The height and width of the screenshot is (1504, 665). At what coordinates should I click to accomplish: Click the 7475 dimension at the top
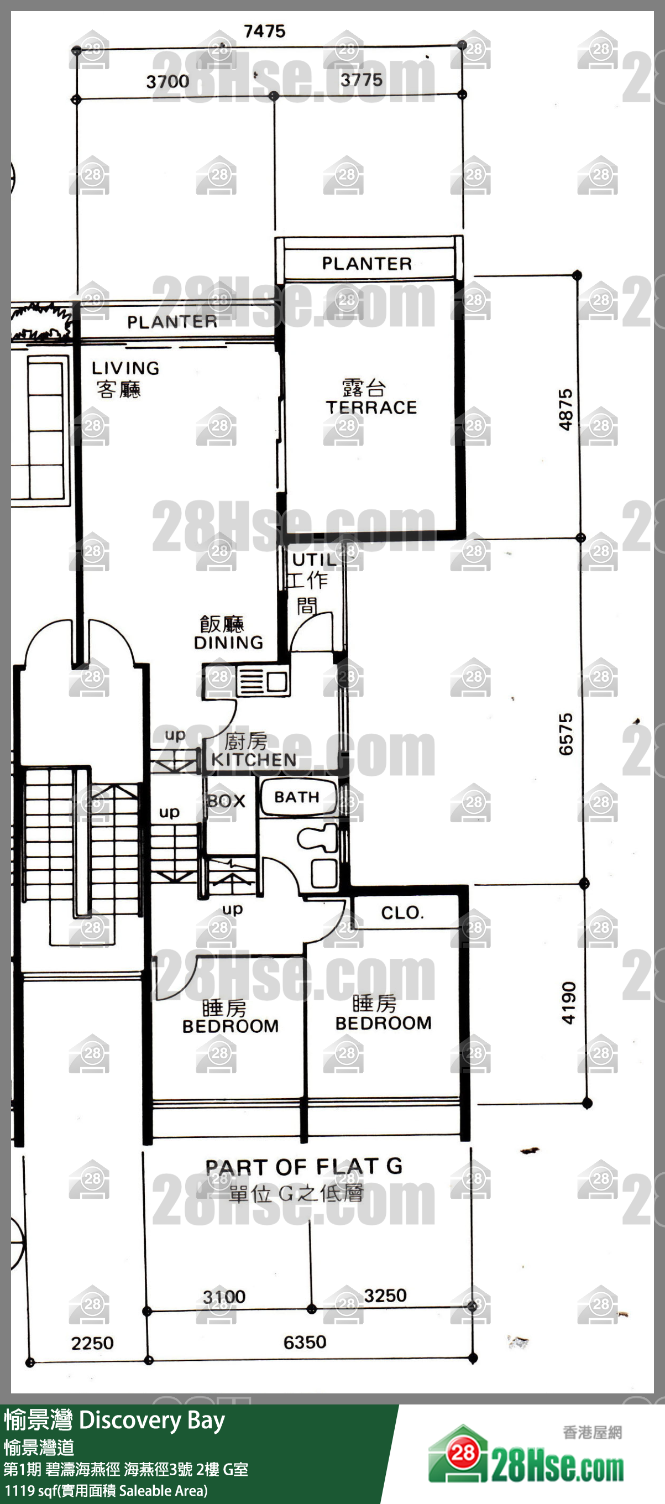(264, 31)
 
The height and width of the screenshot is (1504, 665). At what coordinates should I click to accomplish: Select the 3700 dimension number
(167, 81)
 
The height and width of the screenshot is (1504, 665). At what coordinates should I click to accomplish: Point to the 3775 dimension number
(362, 80)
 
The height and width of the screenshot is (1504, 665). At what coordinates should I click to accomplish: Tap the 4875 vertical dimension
(565, 410)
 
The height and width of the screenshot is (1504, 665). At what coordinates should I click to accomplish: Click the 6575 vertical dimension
(565, 734)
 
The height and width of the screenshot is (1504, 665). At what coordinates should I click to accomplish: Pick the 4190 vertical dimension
(569, 1003)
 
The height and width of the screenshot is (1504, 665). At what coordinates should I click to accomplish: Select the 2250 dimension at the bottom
(92, 1343)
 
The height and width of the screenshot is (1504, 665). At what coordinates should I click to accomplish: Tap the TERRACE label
(371, 407)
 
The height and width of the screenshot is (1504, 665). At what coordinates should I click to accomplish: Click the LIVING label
(125, 368)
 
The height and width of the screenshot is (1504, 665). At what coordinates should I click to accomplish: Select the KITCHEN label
(254, 760)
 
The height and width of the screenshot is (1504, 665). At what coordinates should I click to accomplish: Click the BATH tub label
(297, 797)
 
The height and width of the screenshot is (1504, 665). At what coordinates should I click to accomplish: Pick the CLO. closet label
(402, 912)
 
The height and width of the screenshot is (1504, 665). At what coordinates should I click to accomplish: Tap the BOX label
(227, 801)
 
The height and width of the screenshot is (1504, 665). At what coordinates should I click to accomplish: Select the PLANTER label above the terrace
(366, 263)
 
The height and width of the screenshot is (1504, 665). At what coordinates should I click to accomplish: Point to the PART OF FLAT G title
(303, 1166)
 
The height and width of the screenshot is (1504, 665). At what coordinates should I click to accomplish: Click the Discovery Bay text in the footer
(151, 1421)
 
